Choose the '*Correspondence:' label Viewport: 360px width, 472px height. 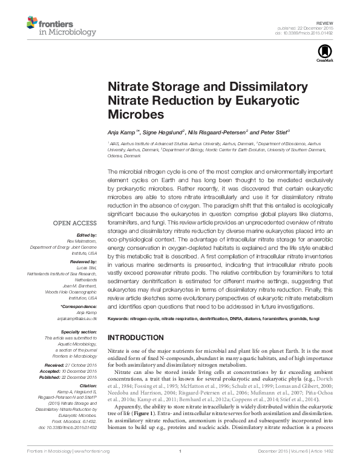tap(80, 306)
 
